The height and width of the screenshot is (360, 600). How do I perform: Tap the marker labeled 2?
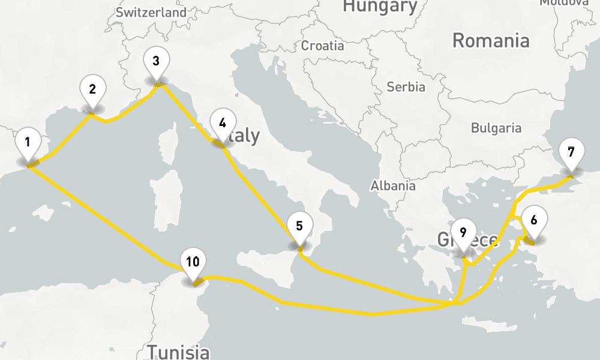click(92, 90)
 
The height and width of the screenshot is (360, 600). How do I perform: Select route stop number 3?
click(156, 61)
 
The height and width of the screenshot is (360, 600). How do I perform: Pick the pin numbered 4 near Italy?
click(223, 124)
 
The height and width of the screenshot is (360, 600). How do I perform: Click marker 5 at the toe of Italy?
click(300, 227)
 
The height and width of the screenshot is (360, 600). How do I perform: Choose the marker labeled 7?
click(571, 152)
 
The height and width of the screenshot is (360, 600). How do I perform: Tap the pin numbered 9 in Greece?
click(463, 232)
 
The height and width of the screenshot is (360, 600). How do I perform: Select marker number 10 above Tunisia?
click(193, 262)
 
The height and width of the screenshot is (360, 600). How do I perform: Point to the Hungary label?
click(380, 7)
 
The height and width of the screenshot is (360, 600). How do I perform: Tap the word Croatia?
click(323, 46)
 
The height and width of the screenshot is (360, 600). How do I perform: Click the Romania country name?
click(491, 41)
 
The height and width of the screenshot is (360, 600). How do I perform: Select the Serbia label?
click(406, 87)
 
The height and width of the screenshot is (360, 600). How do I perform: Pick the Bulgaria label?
click(496, 128)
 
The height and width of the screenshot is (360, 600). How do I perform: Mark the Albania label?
click(393, 185)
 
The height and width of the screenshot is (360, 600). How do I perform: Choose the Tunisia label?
click(179, 352)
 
